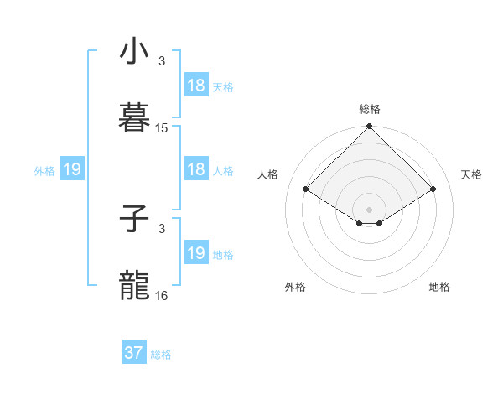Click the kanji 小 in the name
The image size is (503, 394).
135,52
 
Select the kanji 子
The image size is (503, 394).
135,220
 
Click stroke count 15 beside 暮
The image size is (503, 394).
162,128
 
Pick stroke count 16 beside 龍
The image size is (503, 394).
162,296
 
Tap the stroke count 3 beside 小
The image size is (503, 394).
162,61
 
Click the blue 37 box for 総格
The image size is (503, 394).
134,353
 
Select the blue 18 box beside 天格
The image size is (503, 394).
196,85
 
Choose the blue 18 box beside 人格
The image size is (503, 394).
196,169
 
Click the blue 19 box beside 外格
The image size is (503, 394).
72,169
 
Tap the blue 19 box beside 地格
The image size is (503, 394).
196,253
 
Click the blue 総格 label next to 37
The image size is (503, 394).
161,355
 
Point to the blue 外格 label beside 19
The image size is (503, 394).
44,171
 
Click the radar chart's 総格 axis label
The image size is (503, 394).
370,109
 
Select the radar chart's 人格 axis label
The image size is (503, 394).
268,174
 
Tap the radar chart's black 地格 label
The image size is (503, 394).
439,287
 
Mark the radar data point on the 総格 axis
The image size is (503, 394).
370,127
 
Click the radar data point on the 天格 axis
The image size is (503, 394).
433,189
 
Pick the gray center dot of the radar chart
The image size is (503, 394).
370,208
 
